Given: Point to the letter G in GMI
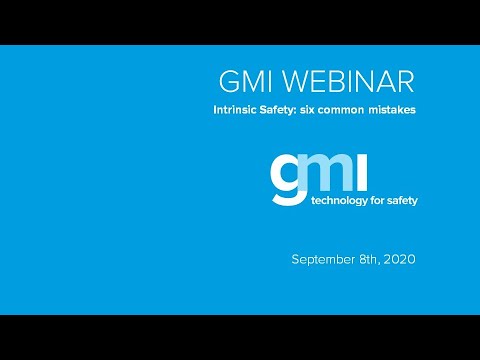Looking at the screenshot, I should click(227, 81).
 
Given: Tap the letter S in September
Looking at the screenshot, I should click(296, 259).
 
